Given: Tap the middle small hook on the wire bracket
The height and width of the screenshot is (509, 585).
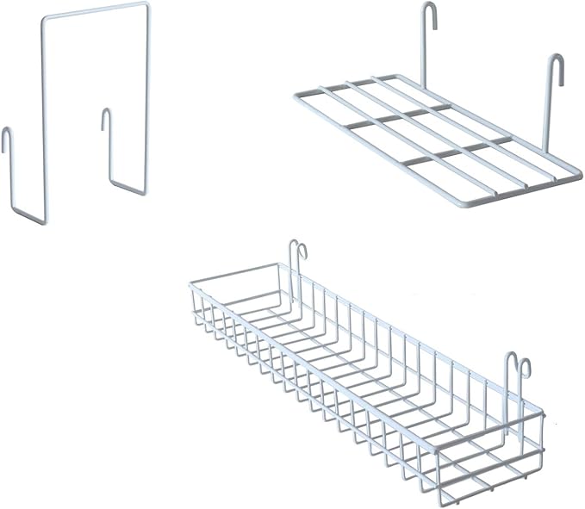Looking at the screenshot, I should pyautogui.click(x=107, y=117).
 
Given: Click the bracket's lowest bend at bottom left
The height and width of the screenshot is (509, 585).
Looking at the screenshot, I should pyautogui.click(x=40, y=222).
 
